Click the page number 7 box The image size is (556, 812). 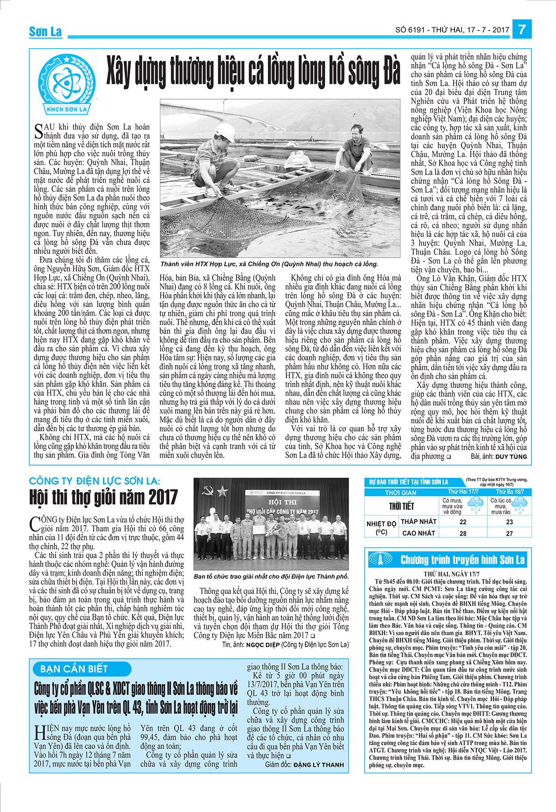522,30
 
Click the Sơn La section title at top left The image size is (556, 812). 45,31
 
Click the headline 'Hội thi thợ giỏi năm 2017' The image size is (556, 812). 103,497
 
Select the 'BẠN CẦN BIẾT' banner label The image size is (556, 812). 74,668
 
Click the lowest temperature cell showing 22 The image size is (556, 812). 463,522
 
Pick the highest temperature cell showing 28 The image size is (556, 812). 463,533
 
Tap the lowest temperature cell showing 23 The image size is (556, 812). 509,522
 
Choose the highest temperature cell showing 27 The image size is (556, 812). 509,533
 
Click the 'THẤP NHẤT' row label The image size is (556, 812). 418,522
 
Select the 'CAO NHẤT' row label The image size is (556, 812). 418,533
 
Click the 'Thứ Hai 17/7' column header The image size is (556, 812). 463,491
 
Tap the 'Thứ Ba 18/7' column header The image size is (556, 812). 510,491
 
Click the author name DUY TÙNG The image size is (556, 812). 511,456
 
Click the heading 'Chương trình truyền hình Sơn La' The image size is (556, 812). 462,560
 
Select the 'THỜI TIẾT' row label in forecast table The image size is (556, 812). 401,506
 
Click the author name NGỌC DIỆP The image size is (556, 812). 263,644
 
